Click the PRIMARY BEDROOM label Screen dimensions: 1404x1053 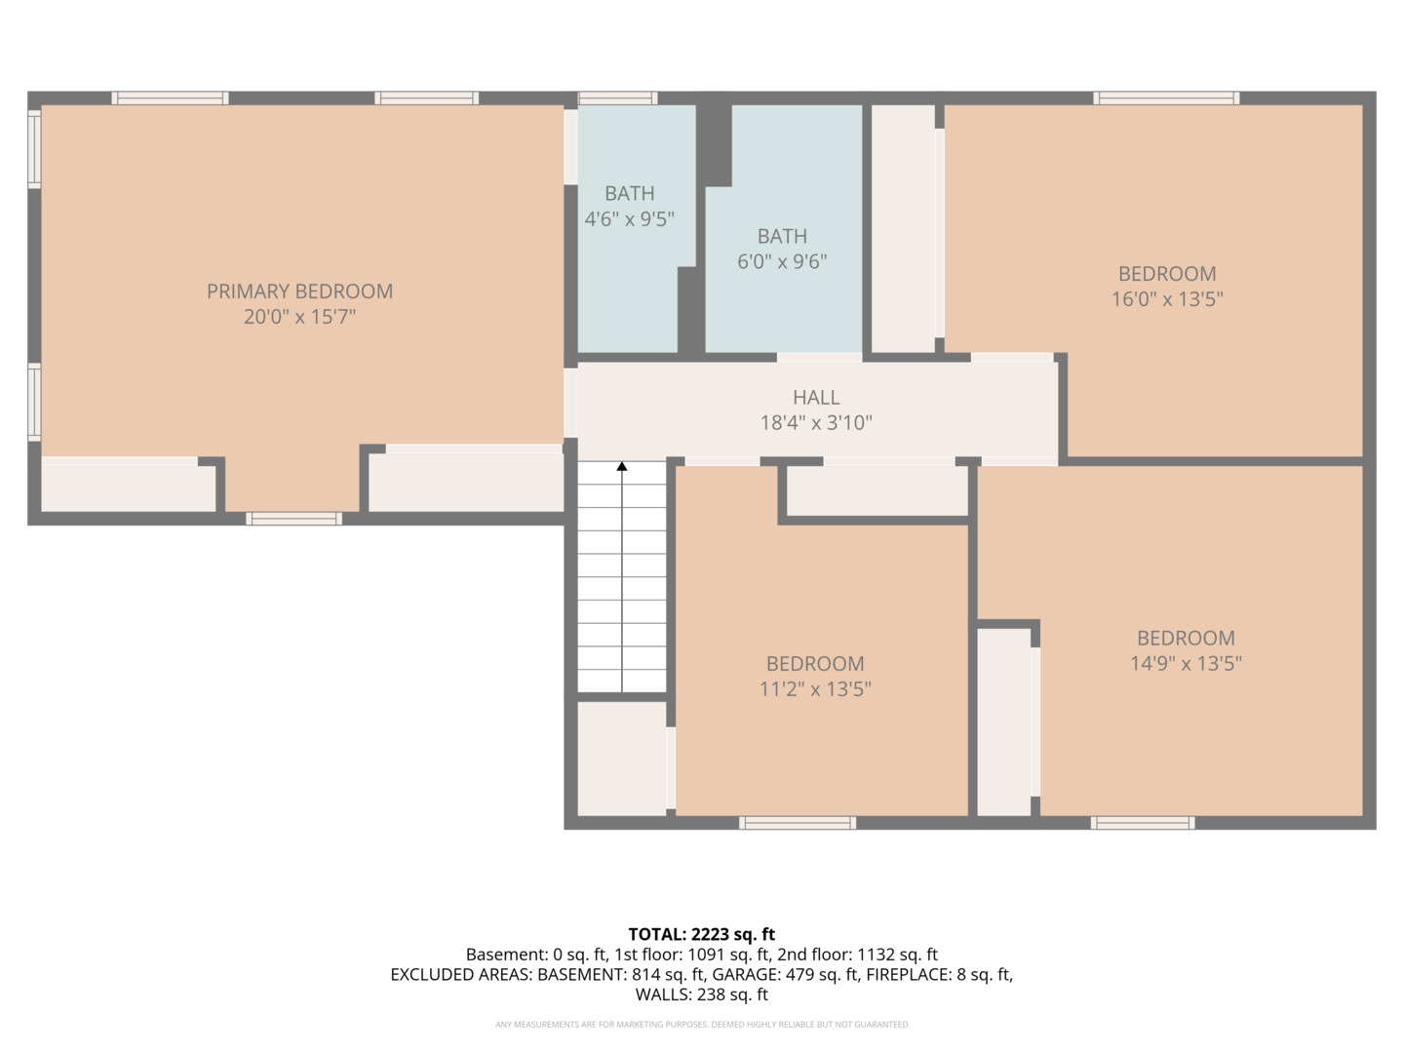click(299, 292)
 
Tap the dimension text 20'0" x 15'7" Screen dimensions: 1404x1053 click(299, 317)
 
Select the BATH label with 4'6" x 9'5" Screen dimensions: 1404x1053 click(630, 193)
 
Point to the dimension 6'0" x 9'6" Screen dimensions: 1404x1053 click(782, 261)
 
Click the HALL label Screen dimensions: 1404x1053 click(816, 398)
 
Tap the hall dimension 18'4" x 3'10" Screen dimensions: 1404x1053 click(816, 422)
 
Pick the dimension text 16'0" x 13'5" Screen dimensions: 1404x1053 click(1167, 299)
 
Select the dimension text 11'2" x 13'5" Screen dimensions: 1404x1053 click(815, 689)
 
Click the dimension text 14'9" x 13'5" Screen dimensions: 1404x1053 click(1186, 664)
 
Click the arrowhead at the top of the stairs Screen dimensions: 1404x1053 click(622, 467)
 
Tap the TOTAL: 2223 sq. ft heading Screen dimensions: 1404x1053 click(701, 935)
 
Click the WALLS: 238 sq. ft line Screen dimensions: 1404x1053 click(701, 994)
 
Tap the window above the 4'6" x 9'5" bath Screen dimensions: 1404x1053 click(617, 97)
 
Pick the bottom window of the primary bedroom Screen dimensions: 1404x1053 click(293, 519)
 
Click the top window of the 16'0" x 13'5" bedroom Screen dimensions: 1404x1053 click(1166, 97)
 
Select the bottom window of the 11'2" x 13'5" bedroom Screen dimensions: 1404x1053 click(797, 823)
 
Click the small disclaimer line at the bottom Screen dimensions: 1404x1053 click(701, 1024)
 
